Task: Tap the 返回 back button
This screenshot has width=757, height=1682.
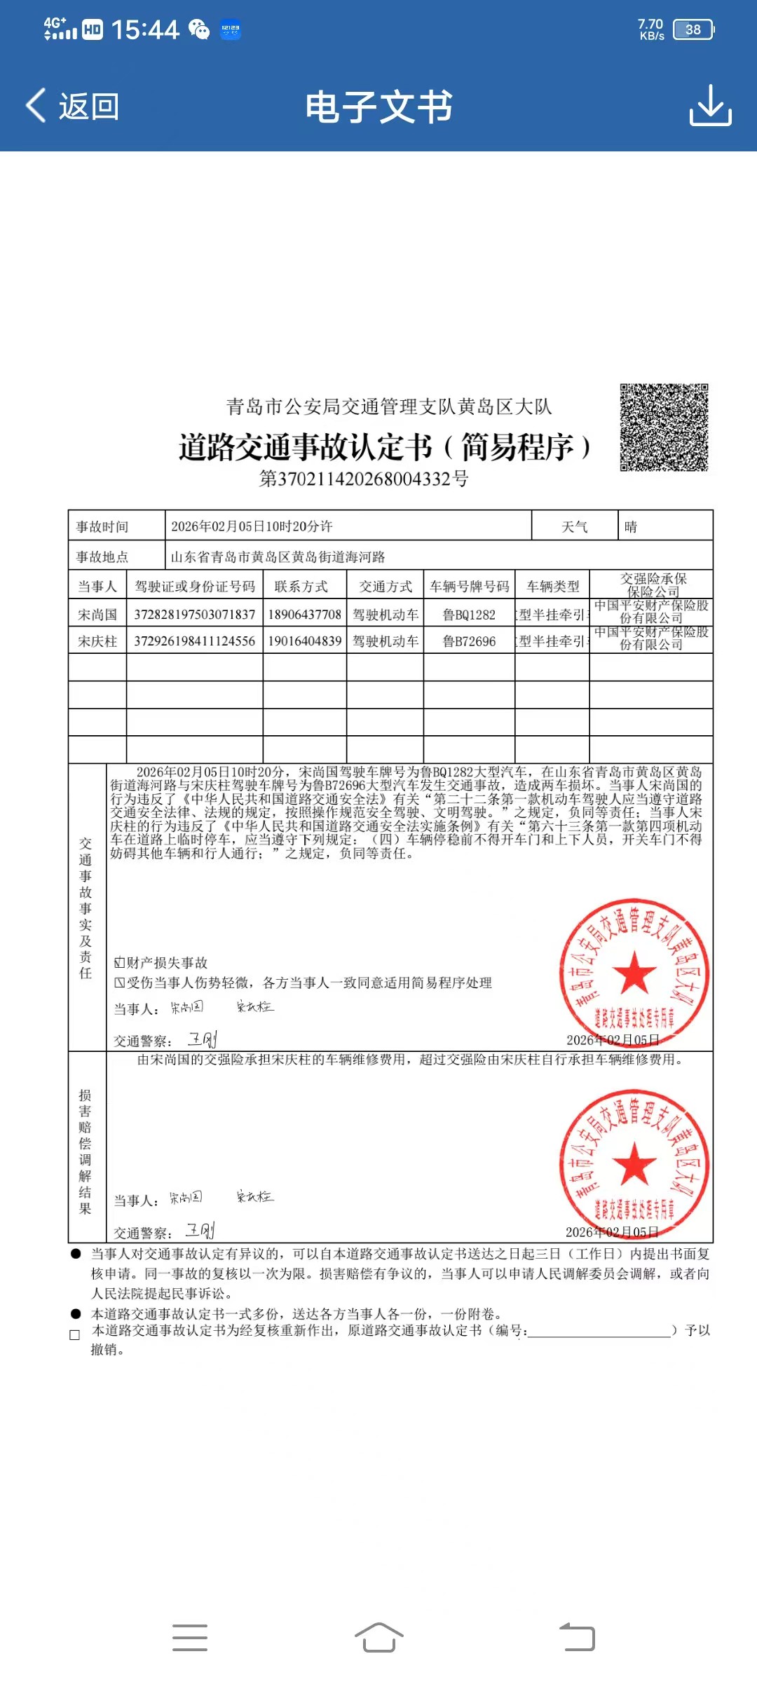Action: point(72,107)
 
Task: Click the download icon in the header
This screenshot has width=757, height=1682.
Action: point(710,106)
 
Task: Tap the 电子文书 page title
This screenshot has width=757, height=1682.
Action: point(378,107)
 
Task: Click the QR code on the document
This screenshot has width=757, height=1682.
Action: point(664,428)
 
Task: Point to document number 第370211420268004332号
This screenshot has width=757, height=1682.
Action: point(364,479)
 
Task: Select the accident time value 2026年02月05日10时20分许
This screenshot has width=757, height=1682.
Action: point(252,526)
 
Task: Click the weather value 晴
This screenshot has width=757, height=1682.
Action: point(631,527)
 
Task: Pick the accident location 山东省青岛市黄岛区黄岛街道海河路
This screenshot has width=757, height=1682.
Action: point(278,557)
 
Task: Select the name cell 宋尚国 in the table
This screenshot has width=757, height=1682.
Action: point(97,615)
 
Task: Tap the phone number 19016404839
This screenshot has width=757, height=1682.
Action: point(305,641)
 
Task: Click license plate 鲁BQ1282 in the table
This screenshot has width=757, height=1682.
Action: point(469,615)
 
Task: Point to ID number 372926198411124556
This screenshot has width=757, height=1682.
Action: point(194,641)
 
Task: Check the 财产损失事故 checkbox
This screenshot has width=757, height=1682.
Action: point(120,963)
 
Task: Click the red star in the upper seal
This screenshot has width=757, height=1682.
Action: point(634,972)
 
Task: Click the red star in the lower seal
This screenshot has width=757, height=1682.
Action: point(634,1163)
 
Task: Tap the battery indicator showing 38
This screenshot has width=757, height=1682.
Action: point(693,29)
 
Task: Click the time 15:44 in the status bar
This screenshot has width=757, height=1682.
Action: point(145,29)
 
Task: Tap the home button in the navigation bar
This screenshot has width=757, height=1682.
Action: point(378,1638)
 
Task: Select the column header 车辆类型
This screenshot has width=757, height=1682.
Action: point(553,587)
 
